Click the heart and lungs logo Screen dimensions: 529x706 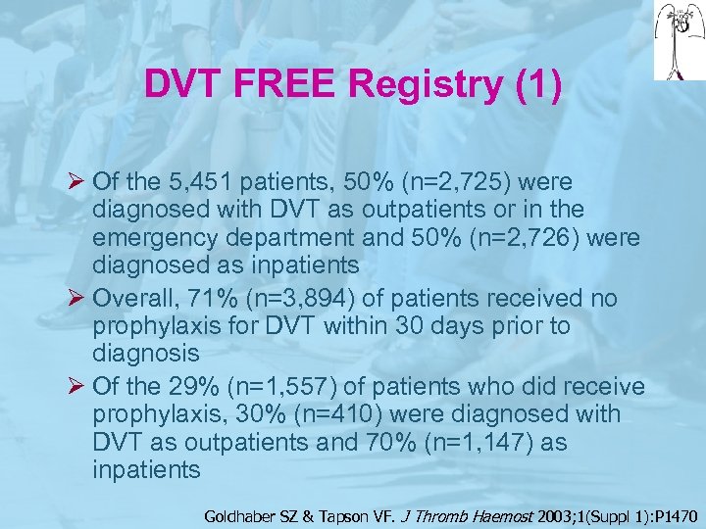[677, 39]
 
